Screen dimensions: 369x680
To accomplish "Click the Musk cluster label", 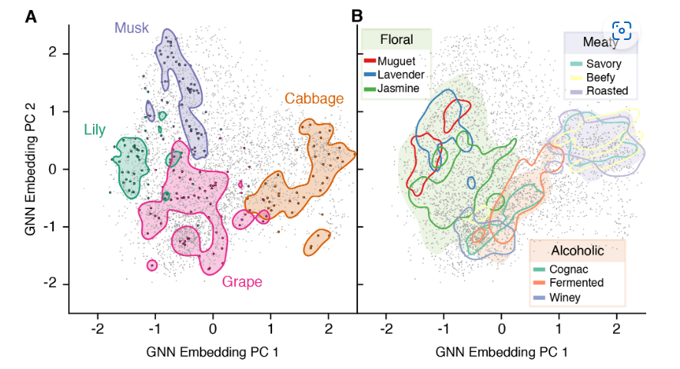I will point(131,28).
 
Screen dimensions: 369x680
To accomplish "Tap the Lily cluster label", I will point(95,129).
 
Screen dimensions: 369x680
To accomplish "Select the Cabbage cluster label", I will point(313,98).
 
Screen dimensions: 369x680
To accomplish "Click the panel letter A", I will point(31,16).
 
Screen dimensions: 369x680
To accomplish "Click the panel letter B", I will point(357,15).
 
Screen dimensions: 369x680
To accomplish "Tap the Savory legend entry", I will point(604,64).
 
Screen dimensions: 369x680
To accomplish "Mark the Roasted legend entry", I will point(606,91).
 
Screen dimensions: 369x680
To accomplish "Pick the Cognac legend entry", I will point(568,269).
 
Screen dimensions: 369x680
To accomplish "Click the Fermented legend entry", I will point(576,283).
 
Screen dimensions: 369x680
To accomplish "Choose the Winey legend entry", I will point(566,297).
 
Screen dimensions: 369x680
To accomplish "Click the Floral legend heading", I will point(396,40).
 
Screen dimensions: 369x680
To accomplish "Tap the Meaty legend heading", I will point(599,42).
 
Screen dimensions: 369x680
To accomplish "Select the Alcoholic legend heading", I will point(577,250).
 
